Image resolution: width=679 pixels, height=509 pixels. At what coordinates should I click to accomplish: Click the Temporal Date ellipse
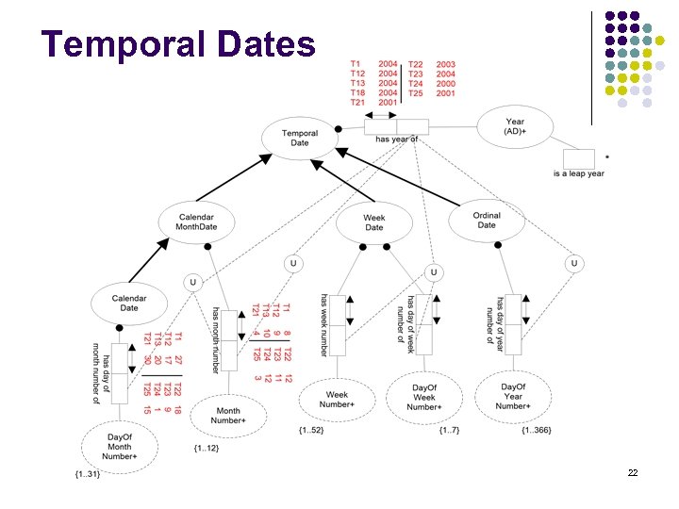300,138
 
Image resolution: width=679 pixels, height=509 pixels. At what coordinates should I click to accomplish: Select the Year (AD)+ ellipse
515,126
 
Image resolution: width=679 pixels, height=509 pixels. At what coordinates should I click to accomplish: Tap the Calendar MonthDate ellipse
196,222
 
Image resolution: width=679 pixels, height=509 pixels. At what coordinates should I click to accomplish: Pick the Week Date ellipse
374,222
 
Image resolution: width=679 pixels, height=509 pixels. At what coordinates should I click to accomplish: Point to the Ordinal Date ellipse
487,220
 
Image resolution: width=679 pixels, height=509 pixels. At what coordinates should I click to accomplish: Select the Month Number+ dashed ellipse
228,416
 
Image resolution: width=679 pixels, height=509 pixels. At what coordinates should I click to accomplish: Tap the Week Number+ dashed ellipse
337,401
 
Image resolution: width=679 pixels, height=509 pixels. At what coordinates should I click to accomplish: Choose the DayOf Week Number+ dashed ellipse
424,396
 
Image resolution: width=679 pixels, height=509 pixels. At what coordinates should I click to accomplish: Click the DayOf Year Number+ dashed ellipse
512,396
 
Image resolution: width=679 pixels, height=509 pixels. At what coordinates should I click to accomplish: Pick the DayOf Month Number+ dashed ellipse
121,446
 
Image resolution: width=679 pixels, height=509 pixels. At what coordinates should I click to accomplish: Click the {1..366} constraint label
536,431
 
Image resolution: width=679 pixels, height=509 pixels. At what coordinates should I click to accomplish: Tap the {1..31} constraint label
87,472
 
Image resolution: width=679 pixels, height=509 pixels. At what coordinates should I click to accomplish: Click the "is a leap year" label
579,173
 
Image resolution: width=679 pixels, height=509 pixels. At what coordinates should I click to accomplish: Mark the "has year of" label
396,140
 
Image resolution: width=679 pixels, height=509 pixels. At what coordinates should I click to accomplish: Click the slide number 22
633,472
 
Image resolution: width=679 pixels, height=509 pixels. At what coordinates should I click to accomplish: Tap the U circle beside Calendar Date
192,281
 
